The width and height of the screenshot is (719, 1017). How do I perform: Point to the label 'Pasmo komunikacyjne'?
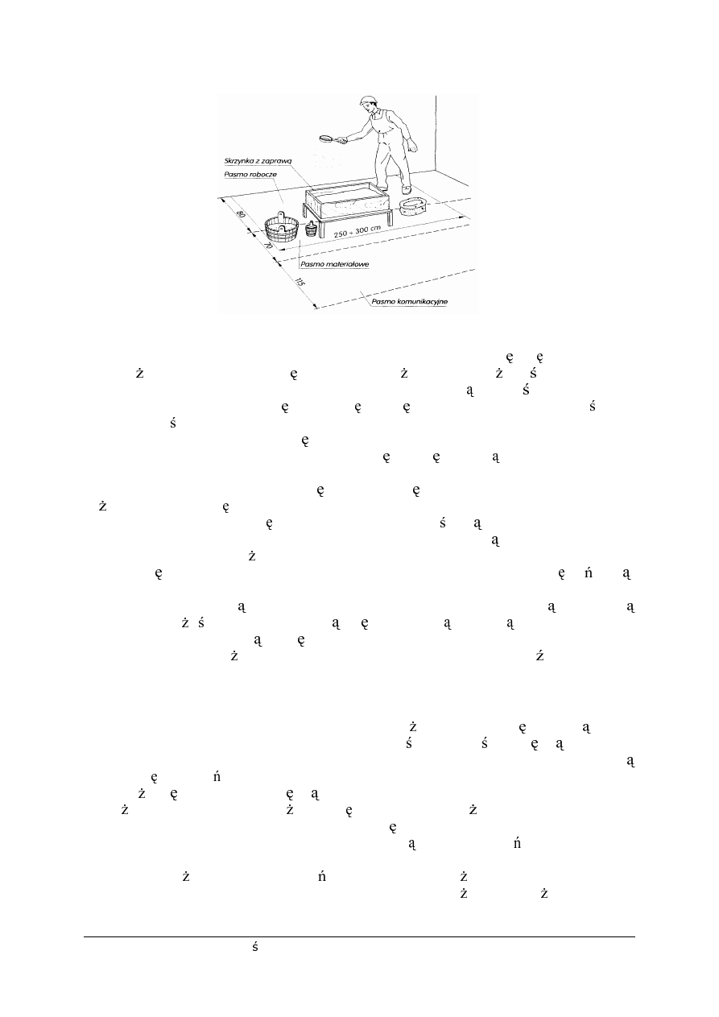click(x=409, y=302)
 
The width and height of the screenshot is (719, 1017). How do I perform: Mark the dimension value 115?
click(x=300, y=282)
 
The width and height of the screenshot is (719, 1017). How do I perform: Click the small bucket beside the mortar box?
click(x=310, y=228)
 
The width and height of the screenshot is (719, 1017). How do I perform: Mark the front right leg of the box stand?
click(x=392, y=218)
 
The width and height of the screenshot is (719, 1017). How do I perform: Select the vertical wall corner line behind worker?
click(x=436, y=133)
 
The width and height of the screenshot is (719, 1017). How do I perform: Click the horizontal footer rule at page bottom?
click(x=359, y=936)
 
